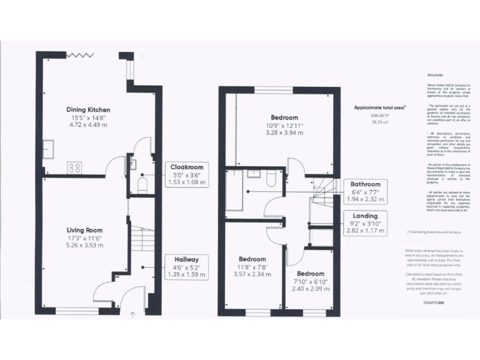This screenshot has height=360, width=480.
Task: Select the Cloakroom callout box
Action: click(186, 174)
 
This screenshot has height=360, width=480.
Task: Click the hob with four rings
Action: click(76, 167)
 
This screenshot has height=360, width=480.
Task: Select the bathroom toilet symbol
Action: click(270, 179)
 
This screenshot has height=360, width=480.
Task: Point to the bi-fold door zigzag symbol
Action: click(80, 55)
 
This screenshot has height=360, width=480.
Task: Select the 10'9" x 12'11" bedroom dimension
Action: click(284, 125)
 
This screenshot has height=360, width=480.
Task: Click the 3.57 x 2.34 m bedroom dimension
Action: click(252, 274)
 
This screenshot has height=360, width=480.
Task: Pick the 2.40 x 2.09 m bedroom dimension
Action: click(311, 289)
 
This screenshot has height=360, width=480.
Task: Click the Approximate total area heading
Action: click(379, 107)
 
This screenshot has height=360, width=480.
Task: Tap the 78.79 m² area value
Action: click(380, 123)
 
